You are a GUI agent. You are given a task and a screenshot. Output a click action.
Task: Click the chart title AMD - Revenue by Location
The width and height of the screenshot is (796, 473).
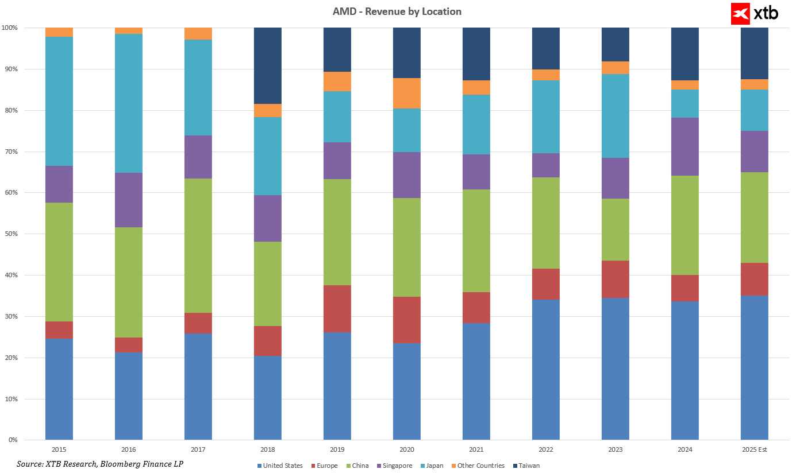point(397,11)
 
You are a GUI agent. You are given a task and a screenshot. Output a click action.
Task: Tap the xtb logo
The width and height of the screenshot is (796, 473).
point(755,13)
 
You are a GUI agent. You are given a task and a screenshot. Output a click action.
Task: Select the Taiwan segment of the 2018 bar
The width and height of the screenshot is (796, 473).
point(268,65)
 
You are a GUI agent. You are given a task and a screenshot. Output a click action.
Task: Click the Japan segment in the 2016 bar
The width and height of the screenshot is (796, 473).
point(129,103)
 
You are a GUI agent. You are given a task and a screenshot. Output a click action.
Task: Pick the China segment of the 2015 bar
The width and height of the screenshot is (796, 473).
point(59,262)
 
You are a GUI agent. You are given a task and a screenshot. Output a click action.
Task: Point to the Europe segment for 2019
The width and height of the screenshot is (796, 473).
point(337,309)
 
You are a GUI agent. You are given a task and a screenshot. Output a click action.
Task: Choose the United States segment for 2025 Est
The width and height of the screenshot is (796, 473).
point(755,367)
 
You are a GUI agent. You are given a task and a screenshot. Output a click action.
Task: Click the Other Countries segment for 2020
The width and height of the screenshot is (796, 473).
point(407,93)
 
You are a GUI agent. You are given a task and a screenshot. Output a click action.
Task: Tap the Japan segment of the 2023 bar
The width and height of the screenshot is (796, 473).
point(616,116)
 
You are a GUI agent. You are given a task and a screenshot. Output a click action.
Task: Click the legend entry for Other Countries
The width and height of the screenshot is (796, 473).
point(477,466)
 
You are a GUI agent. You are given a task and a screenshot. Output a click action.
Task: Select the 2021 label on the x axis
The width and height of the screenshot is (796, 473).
point(476,449)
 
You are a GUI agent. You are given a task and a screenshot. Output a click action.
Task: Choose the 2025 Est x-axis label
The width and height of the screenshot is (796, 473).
point(755,449)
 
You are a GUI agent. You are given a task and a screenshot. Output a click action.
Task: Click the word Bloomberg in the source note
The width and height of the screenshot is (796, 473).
point(128,463)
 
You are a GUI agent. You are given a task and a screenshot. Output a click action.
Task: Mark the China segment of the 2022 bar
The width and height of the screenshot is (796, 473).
point(546,223)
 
